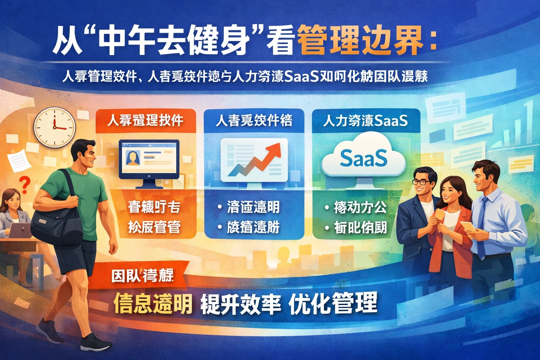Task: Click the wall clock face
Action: tap(55, 127)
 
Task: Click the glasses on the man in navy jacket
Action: tap(420, 182)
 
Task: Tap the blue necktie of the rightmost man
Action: tap(482, 225)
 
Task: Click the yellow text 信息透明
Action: tap(153, 303)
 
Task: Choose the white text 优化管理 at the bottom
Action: tap(333, 303)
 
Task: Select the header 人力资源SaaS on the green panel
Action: tap(366, 121)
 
